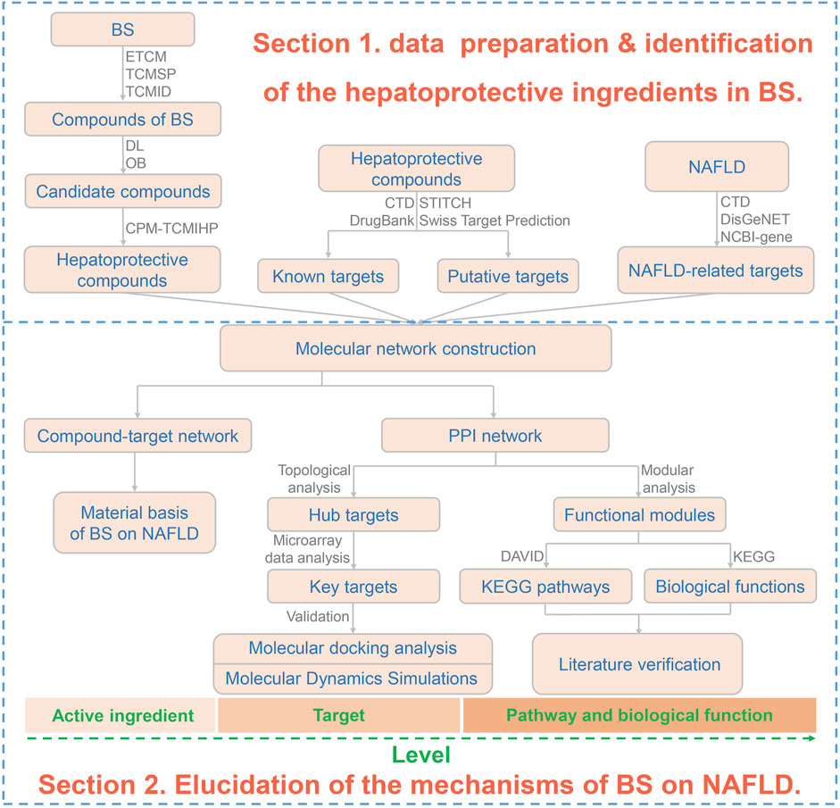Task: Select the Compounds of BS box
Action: point(121,119)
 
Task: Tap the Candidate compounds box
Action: point(121,191)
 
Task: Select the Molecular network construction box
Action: point(416,348)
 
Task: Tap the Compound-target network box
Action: point(138,437)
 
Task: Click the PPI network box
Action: point(495,437)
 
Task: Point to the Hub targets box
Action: point(353,514)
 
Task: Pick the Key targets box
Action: point(353,587)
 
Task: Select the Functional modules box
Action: point(639,514)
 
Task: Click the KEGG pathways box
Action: point(546,587)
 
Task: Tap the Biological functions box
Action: point(729,587)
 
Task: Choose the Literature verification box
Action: point(638,663)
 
